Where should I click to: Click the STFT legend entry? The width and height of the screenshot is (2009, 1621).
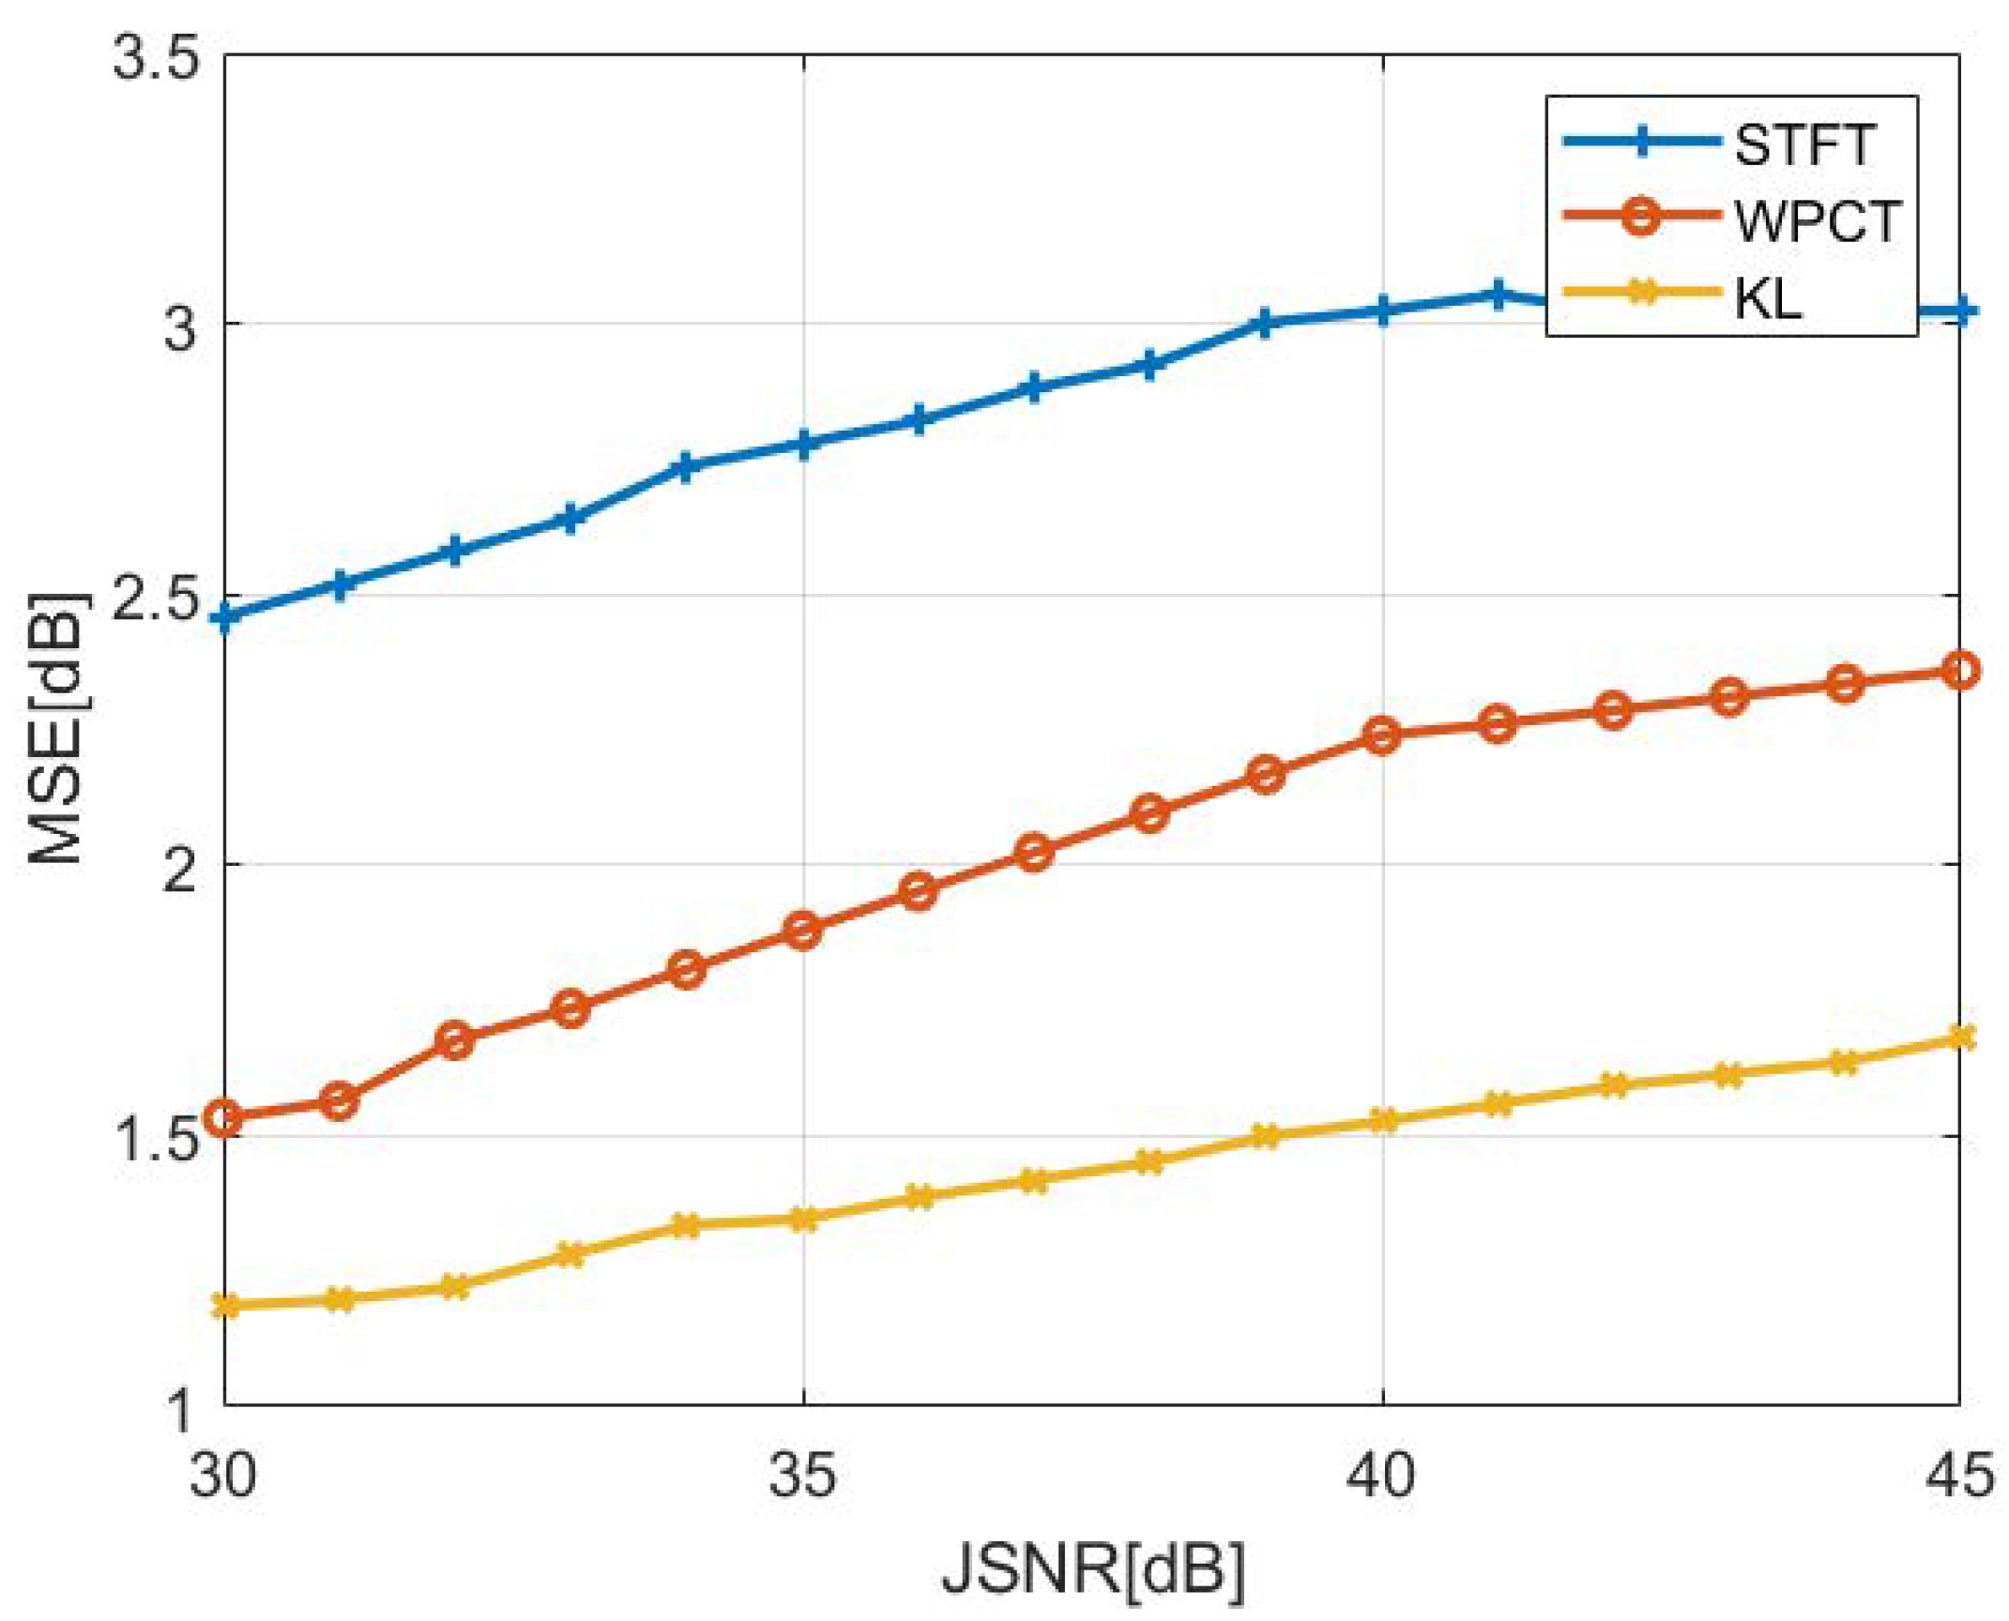pos(1802,146)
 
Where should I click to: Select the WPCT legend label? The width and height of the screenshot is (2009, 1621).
pos(1817,222)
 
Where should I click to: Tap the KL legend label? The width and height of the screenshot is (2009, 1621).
pos(1767,298)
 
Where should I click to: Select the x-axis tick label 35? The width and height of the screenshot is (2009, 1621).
pos(802,1476)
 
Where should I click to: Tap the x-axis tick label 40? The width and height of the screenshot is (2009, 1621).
pos(1380,1476)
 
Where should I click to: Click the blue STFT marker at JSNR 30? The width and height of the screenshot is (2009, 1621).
pos(225,617)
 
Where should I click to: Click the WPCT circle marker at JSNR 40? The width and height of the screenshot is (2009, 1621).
pos(1381,735)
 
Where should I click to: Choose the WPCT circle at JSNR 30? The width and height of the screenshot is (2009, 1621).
pos(225,1117)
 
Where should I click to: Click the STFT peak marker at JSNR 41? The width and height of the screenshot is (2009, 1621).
pos(1498,295)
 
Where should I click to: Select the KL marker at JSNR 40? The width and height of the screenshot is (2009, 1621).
pos(1382,1120)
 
